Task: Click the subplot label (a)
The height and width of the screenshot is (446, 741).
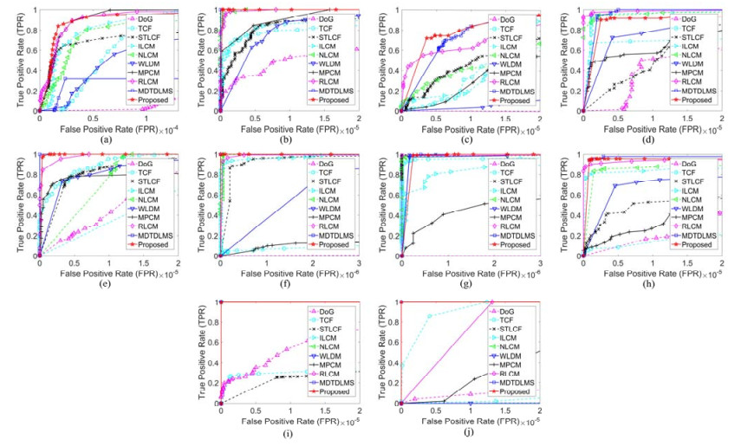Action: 105,139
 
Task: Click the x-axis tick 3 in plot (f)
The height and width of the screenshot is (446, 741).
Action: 359,262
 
